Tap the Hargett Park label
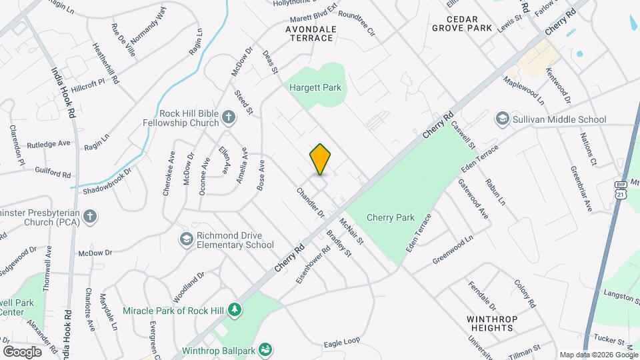tap(315, 87)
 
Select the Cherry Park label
tap(391, 217)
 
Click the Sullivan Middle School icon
tap(501, 119)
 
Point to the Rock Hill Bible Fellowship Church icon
tap(229, 118)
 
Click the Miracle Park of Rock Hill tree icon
tap(234, 310)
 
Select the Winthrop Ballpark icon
tap(265, 349)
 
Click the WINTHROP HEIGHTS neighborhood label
tap(492, 323)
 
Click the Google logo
tap(22, 351)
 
